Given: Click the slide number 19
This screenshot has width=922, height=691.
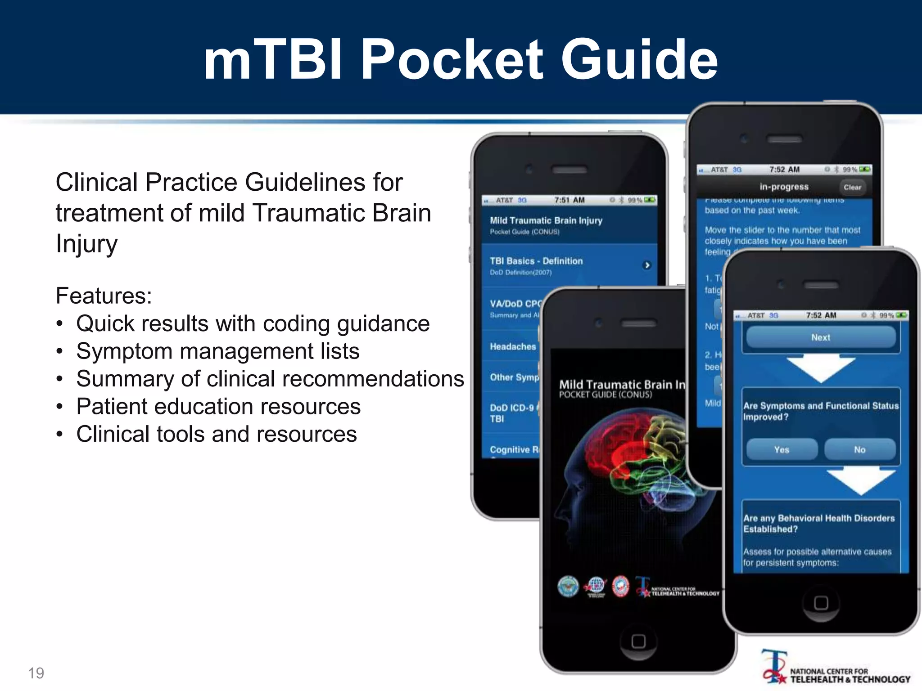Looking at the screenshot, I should tap(36, 673).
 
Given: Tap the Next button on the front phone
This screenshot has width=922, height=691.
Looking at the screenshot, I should tap(821, 337).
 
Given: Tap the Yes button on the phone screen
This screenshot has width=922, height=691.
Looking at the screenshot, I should tap(782, 449).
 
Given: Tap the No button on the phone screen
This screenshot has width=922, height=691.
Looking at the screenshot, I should tap(859, 449).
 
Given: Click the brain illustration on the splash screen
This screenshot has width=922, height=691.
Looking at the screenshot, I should tap(630, 463).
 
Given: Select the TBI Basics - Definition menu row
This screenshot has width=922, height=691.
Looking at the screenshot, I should tap(567, 265).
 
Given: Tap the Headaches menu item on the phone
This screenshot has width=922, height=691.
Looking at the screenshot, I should tap(513, 346).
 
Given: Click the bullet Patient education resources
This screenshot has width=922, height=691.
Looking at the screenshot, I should tap(218, 407).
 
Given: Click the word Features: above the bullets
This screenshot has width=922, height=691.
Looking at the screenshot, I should tap(104, 296).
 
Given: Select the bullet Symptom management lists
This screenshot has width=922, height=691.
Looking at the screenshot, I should tap(218, 351).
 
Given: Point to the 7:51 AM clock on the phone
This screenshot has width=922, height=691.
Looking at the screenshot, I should tap(569, 200).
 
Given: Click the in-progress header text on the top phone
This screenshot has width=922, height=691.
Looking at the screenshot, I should tap(784, 187).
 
